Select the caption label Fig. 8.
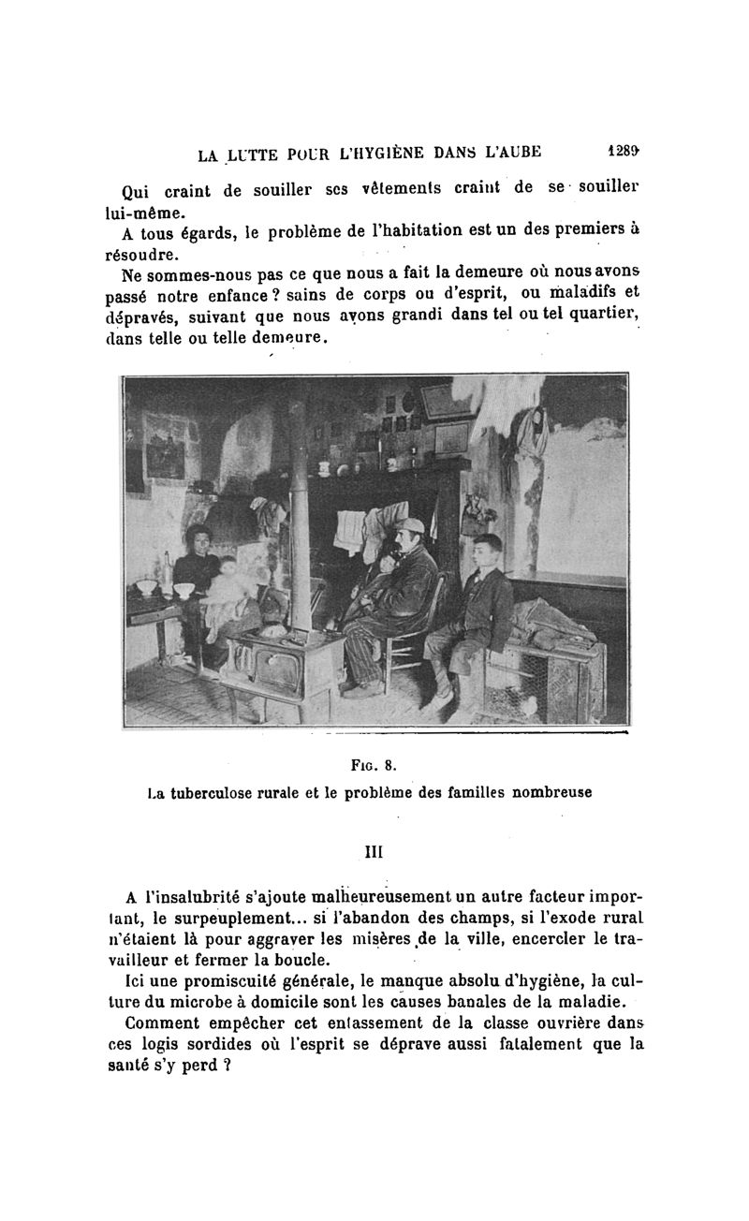[x=374, y=764]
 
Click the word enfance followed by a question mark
[x=225, y=297]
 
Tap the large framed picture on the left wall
[x=168, y=440]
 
